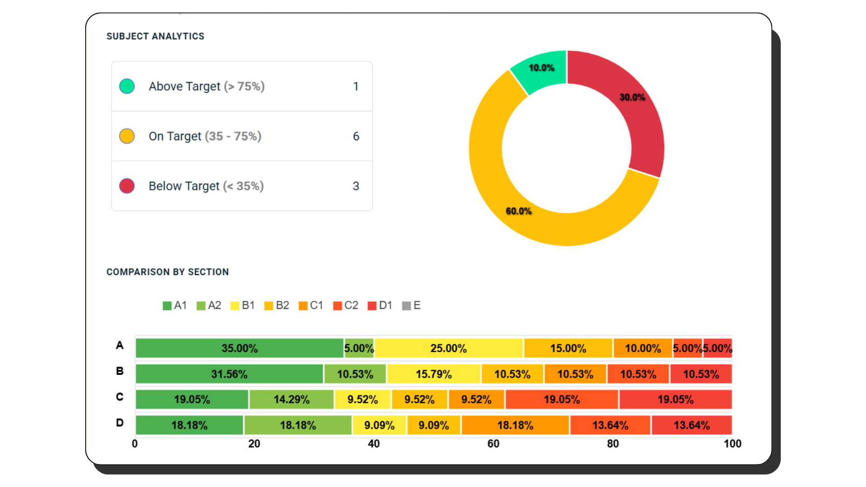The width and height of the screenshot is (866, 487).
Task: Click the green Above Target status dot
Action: (127, 86)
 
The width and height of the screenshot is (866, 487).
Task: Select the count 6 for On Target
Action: (356, 136)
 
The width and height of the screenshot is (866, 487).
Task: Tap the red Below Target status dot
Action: (127, 186)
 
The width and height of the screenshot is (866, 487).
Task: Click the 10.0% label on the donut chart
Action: (541, 68)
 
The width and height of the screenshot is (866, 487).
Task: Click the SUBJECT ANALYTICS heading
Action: (155, 36)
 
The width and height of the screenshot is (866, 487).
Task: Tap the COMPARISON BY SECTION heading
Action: (167, 272)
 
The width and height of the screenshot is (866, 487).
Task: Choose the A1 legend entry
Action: (175, 305)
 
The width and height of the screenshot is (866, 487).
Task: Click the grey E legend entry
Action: (411, 305)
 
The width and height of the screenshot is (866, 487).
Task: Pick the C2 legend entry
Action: (345, 305)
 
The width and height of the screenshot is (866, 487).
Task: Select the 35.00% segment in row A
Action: (240, 348)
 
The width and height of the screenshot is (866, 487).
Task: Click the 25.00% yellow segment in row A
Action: (448, 348)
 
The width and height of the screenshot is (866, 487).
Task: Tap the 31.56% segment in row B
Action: (229, 374)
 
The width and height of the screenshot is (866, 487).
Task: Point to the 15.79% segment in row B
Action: (433, 374)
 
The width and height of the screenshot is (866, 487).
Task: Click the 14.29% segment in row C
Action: (291, 400)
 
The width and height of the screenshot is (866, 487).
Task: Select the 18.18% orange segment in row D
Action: (515, 425)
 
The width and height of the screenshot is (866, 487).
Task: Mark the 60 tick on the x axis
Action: (493, 444)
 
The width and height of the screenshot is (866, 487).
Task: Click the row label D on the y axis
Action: (120, 423)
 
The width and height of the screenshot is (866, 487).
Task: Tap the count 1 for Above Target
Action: (356, 86)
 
